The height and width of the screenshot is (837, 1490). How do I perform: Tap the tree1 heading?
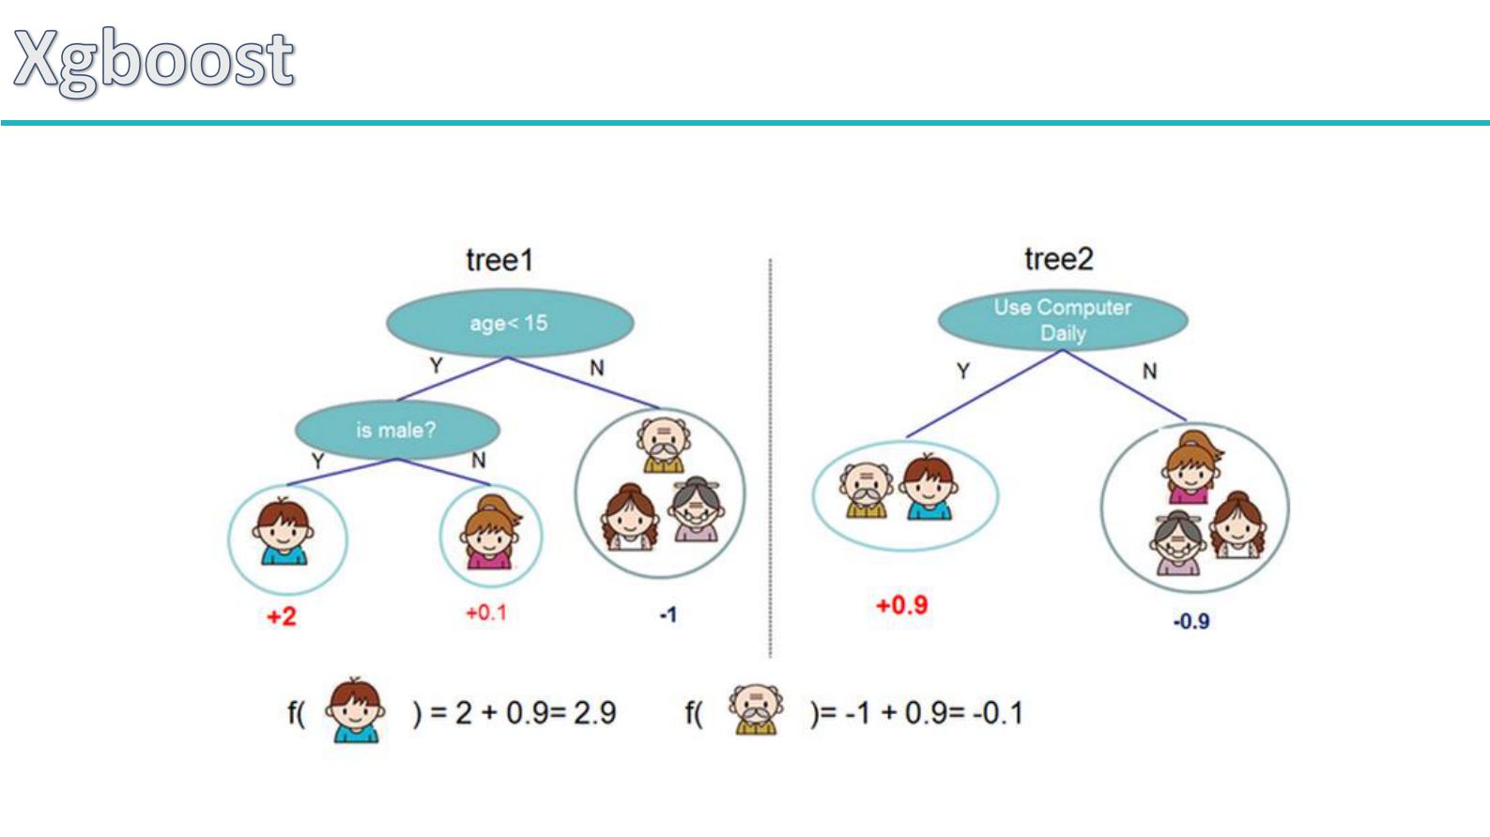(x=499, y=260)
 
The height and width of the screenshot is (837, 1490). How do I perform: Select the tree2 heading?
(x=1058, y=259)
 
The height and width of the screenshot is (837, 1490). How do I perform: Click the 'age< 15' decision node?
(x=510, y=324)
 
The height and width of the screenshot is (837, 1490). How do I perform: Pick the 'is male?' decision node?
(x=396, y=431)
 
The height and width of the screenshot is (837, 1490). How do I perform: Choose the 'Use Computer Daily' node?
(x=1063, y=320)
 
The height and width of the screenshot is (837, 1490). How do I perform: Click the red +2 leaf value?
(x=282, y=616)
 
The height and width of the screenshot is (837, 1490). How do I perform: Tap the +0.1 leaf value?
(x=486, y=613)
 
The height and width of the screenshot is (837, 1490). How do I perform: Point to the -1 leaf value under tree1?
(x=668, y=616)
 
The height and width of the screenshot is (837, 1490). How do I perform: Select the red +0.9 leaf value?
(x=901, y=605)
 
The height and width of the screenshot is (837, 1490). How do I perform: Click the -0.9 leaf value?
(x=1190, y=621)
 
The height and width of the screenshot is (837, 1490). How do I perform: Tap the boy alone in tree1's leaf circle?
(x=284, y=532)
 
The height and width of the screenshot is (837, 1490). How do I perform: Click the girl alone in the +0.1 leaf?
(x=490, y=534)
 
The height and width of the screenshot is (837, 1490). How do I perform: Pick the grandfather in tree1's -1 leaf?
(x=664, y=445)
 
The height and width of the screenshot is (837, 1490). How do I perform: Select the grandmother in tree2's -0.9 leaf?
(x=1177, y=543)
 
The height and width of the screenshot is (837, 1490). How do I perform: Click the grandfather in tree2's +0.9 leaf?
(x=866, y=491)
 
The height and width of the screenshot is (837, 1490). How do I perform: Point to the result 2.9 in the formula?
(x=595, y=713)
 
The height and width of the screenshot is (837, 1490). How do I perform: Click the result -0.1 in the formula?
(x=998, y=713)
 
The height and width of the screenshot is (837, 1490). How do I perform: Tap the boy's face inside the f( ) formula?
(x=356, y=710)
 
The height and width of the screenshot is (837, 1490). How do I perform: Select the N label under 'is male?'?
(x=479, y=461)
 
